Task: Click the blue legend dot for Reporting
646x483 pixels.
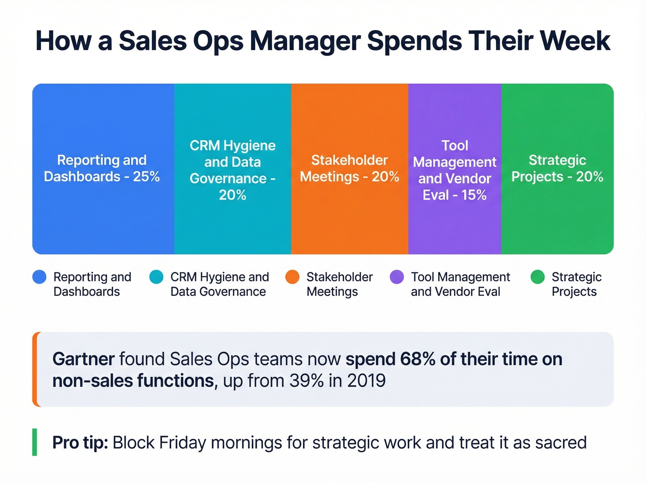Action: pyautogui.click(x=40, y=277)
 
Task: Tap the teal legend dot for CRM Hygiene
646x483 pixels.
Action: pyautogui.click(x=156, y=277)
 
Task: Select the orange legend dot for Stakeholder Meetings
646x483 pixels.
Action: pyautogui.click(x=293, y=277)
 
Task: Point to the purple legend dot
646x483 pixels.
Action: pyautogui.click(x=397, y=277)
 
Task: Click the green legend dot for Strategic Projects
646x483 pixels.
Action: pyautogui.click(x=538, y=277)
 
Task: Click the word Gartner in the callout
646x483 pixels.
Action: pyautogui.click(x=84, y=359)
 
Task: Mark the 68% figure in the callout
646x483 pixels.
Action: pyautogui.click(x=418, y=359)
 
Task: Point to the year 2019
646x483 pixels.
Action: pyautogui.click(x=366, y=381)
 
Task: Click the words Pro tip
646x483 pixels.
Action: pyautogui.click(x=80, y=443)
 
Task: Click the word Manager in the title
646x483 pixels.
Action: pyautogui.click(x=305, y=41)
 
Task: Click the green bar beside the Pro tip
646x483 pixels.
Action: pyautogui.click(x=35, y=442)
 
